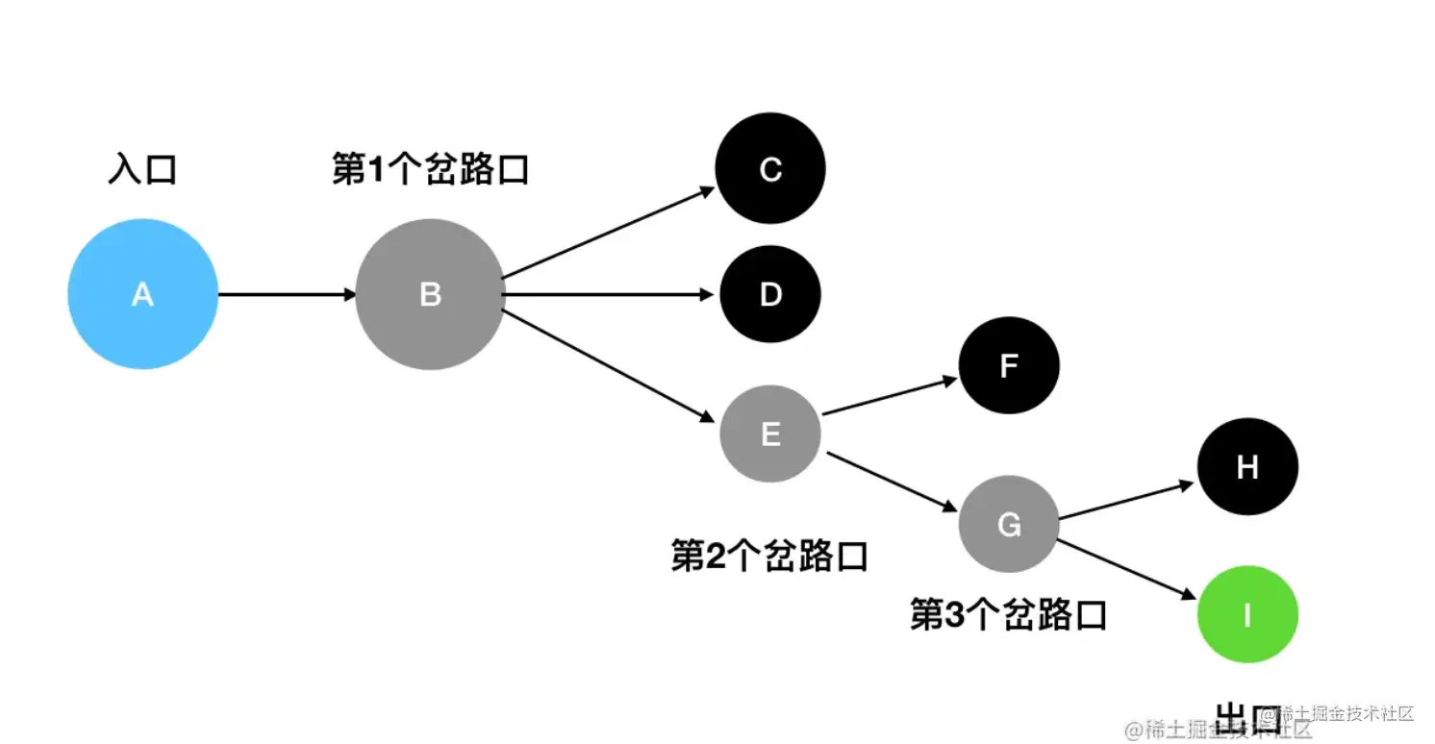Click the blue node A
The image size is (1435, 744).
point(142,294)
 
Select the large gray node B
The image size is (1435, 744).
point(430,294)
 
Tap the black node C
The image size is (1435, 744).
point(769,169)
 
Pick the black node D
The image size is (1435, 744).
point(769,294)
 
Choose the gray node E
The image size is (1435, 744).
point(769,434)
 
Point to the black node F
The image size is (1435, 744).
point(1008,365)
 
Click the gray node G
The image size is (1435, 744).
point(1008,525)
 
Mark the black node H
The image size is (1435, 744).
point(1246,467)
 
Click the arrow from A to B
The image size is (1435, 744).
point(287,294)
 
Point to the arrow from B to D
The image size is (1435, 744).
point(612,294)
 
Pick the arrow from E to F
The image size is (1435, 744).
point(890,396)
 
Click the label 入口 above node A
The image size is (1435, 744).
point(142,170)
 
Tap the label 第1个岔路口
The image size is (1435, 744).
point(430,170)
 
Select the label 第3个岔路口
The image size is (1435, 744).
point(1008,614)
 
